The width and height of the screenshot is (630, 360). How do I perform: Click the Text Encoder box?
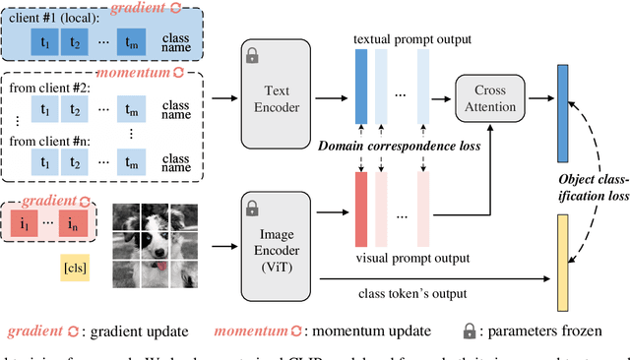click(278, 97)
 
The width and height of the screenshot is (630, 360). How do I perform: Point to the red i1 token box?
click(26, 225)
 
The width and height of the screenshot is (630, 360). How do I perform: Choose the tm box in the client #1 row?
click(132, 44)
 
